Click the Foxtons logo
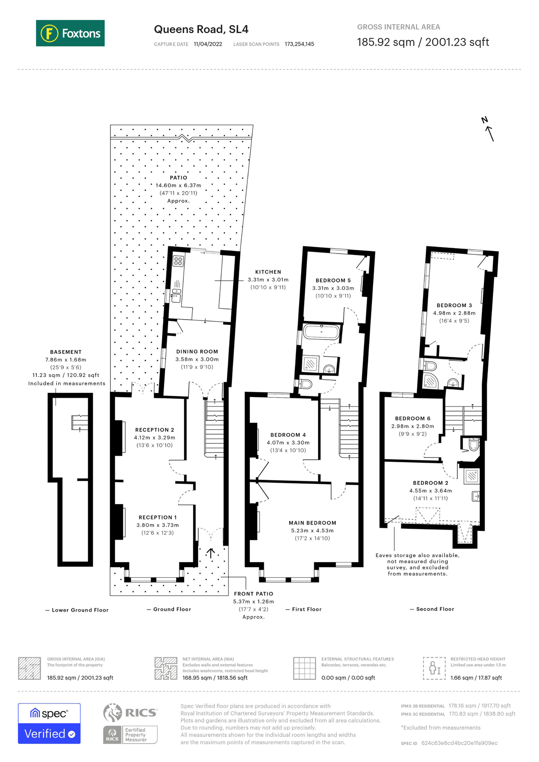click(x=70, y=33)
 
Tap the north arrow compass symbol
click(x=489, y=130)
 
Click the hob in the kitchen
click(x=178, y=261)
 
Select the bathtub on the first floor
click(x=321, y=332)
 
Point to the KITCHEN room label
click(x=268, y=272)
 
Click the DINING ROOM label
click(x=197, y=351)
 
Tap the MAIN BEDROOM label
click(x=312, y=523)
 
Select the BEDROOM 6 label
click(x=412, y=418)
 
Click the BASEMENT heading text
click(x=66, y=352)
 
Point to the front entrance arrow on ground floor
click(x=210, y=553)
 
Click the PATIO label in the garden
click(x=178, y=178)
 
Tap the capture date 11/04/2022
click(x=207, y=44)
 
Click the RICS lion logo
click(x=112, y=712)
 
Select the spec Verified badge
click(x=49, y=723)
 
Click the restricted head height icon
click(x=434, y=668)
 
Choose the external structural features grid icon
click(x=304, y=668)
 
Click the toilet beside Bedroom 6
click(x=473, y=445)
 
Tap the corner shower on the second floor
click(x=431, y=381)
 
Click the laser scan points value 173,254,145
click(x=299, y=44)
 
